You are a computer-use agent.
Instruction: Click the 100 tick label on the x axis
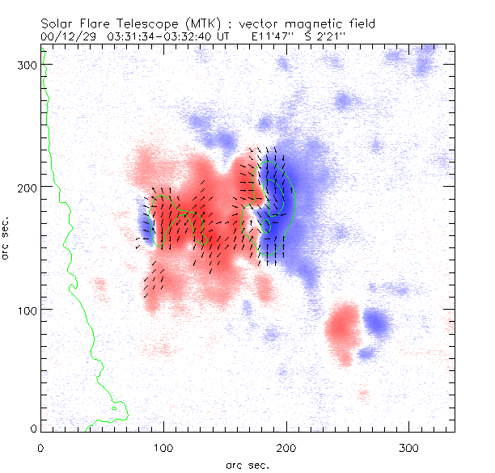pyautogui.click(x=163, y=447)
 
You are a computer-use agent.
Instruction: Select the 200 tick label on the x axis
pyautogui.click(x=285, y=447)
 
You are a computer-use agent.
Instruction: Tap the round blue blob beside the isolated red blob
pyautogui.click(x=375, y=323)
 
